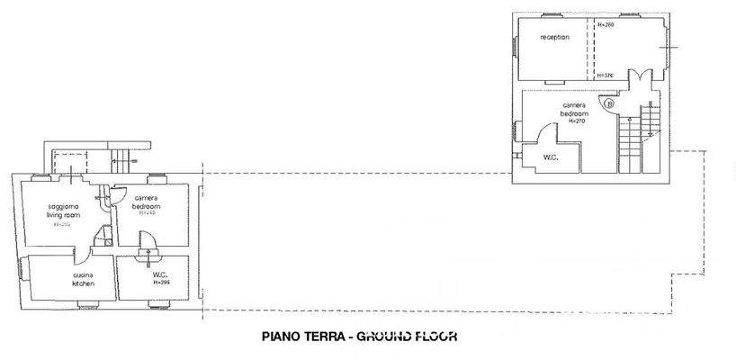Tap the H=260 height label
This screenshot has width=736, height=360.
click(x=606, y=25)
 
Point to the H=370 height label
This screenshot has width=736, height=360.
click(x=606, y=75)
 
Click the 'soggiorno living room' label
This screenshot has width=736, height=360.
click(x=64, y=211)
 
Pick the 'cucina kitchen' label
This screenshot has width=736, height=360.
click(x=85, y=279)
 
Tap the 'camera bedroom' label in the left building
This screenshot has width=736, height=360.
click(x=147, y=202)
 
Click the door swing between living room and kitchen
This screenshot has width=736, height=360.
click(x=103, y=238)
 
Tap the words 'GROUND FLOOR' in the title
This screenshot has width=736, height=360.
click(x=408, y=338)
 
